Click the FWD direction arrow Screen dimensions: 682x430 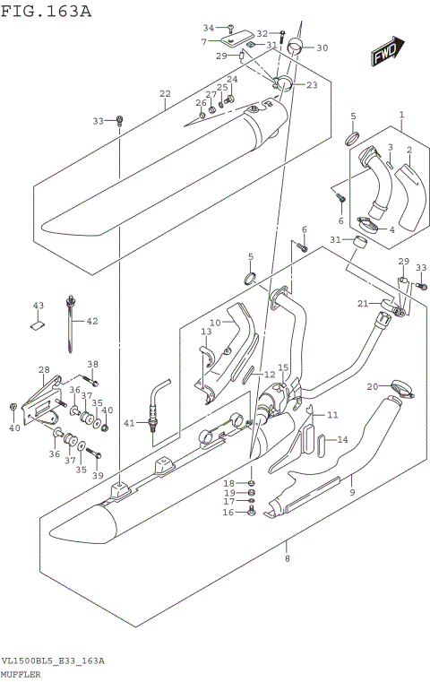point(387,54)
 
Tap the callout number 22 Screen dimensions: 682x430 point(165,93)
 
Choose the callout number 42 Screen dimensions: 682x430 point(92,321)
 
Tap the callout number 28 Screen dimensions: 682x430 point(43,370)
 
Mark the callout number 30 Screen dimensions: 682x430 point(322,47)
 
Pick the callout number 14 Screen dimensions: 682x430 point(341,439)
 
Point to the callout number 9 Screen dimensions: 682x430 point(352,492)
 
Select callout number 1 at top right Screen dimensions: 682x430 point(402,115)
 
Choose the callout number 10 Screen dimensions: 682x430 point(215,322)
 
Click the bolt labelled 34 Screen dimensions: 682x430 point(230,29)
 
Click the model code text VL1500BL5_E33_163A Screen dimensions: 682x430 point(53,661)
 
